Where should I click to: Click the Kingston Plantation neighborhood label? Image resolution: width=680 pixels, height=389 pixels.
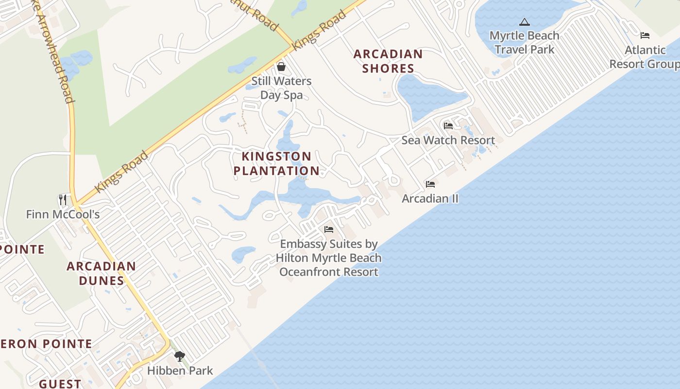coord(276,163)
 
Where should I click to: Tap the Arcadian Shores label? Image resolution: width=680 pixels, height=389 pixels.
coord(388,61)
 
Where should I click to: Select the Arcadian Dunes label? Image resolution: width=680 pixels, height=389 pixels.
coord(101,273)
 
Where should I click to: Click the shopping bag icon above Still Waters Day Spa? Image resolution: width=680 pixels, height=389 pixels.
coord(281,67)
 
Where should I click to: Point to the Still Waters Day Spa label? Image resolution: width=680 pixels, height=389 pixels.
coord(281,88)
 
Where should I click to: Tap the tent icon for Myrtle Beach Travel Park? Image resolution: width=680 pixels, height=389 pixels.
coord(524,22)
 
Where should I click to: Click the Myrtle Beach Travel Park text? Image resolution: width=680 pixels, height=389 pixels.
coord(524,42)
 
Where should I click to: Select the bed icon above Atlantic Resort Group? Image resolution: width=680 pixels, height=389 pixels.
coord(645,35)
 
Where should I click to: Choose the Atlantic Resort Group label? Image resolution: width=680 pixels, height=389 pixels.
coord(645,57)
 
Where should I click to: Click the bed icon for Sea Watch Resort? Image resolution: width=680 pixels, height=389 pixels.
coord(448,126)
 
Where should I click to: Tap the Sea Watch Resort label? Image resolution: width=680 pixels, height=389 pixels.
coord(448,141)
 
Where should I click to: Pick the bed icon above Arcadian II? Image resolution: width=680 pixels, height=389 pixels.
coord(430,184)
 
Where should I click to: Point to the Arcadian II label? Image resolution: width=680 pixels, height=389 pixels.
coord(430,198)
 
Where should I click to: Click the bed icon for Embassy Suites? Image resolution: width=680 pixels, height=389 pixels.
coord(329,230)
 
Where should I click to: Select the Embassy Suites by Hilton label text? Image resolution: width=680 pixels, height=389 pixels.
coord(329,258)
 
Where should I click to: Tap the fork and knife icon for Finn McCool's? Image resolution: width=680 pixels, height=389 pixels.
coord(63,200)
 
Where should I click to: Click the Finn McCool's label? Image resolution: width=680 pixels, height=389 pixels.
coord(63,214)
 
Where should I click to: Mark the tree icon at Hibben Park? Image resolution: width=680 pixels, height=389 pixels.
coord(180,356)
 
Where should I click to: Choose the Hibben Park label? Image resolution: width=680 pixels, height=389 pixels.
coord(180,371)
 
